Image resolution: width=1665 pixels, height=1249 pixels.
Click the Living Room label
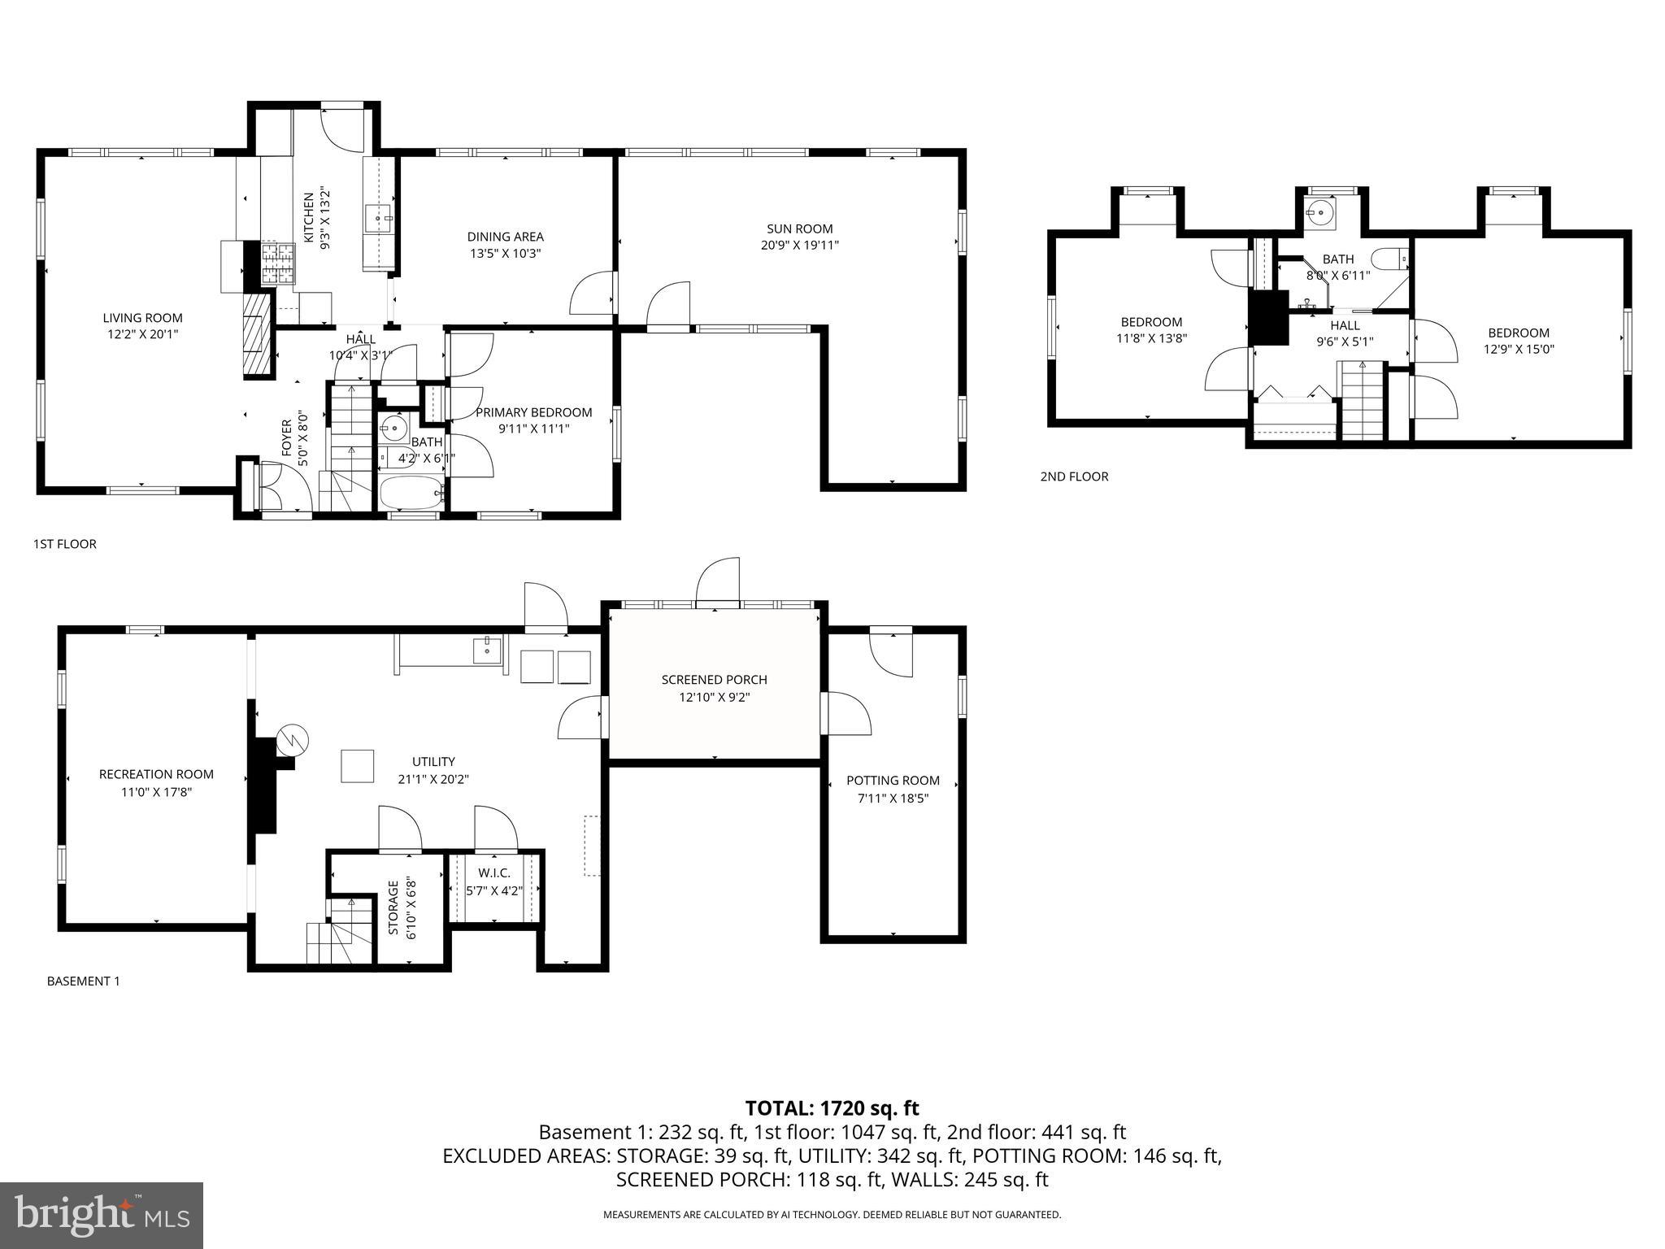click(x=142, y=318)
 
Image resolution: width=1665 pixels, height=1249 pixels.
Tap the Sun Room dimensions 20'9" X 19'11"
click(x=799, y=245)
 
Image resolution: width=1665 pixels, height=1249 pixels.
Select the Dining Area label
click(x=505, y=237)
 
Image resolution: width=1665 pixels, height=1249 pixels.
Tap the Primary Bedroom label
click(x=533, y=412)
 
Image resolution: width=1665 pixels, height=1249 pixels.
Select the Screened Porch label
click(x=714, y=680)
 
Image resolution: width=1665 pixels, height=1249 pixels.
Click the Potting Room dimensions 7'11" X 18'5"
click(x=893, y=799)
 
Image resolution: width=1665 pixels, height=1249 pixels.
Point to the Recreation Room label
click(x=156, y=774)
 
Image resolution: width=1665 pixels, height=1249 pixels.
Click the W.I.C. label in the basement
click(x=494, y=873)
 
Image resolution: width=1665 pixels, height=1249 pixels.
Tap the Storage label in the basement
click(x=393, y=907)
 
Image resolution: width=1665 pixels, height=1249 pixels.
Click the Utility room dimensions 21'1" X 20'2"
click(x=433, y=779)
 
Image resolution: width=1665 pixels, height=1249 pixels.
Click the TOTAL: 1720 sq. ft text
click(x=832, y=1108)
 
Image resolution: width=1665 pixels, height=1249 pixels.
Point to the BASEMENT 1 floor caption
click(x=83, y=981)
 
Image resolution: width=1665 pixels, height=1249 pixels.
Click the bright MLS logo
click(x=102, y=1215)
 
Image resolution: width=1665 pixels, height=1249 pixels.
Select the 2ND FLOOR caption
click(x=1074, y=477)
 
